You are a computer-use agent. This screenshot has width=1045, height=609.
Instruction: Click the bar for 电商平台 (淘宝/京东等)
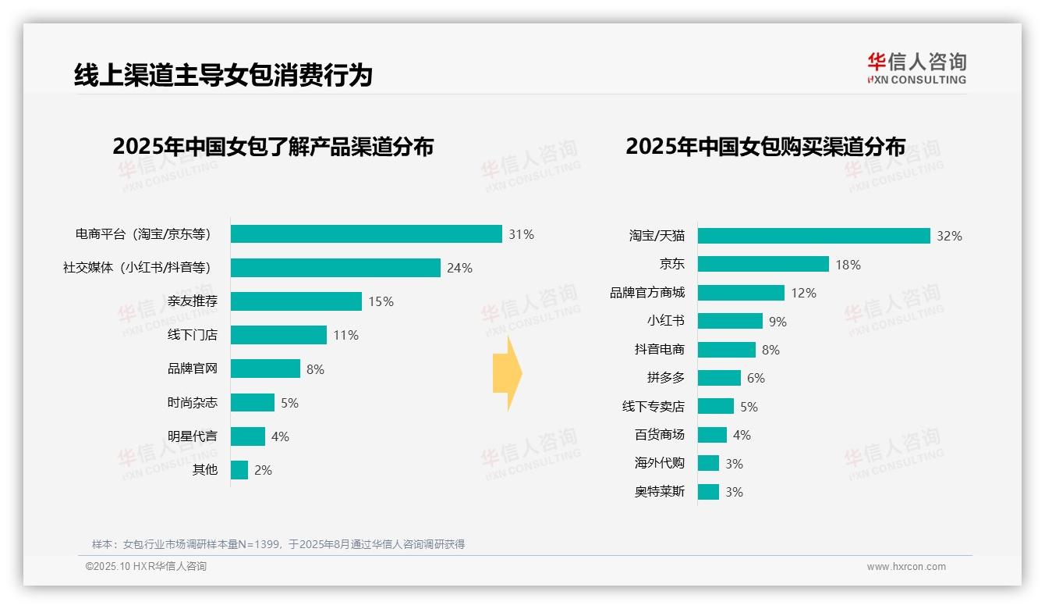tap(366, 234)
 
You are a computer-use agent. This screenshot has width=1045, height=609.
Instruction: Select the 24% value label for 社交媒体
tap(459, 268)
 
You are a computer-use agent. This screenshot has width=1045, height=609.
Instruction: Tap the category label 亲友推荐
tap(193, 301)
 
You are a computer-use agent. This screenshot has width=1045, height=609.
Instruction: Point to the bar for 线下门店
tap(278, 335)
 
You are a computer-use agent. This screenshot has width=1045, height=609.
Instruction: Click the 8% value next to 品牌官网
tap(315, 369)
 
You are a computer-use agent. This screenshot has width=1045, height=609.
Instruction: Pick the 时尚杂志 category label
tap(193, 403)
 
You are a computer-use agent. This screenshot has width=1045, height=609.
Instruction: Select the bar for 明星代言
tap(248, 436)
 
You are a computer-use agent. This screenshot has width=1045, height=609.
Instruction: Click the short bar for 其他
tap(239, 470)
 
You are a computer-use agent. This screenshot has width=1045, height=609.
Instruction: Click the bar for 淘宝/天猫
tap(813, 236)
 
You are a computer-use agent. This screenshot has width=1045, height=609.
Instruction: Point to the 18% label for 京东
tap(848, 265)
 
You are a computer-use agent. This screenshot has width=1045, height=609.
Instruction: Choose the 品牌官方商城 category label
tap(647, 293)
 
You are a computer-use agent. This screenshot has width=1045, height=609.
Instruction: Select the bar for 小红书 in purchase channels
tap(730, 321)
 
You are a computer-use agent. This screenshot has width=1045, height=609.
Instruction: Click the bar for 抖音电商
tap(726, 350)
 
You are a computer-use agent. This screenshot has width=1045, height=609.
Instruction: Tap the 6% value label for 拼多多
tap(756, 378)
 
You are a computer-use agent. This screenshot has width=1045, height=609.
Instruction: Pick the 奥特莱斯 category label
tap(660, 492)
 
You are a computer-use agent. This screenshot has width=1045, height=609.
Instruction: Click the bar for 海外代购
tap(708, 463)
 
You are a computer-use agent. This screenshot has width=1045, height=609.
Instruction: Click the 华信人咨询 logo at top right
tap(916, 68)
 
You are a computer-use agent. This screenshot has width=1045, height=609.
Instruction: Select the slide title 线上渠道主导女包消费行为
tap(223, 75)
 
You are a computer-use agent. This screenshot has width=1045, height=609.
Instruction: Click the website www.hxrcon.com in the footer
tap(905, 567)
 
